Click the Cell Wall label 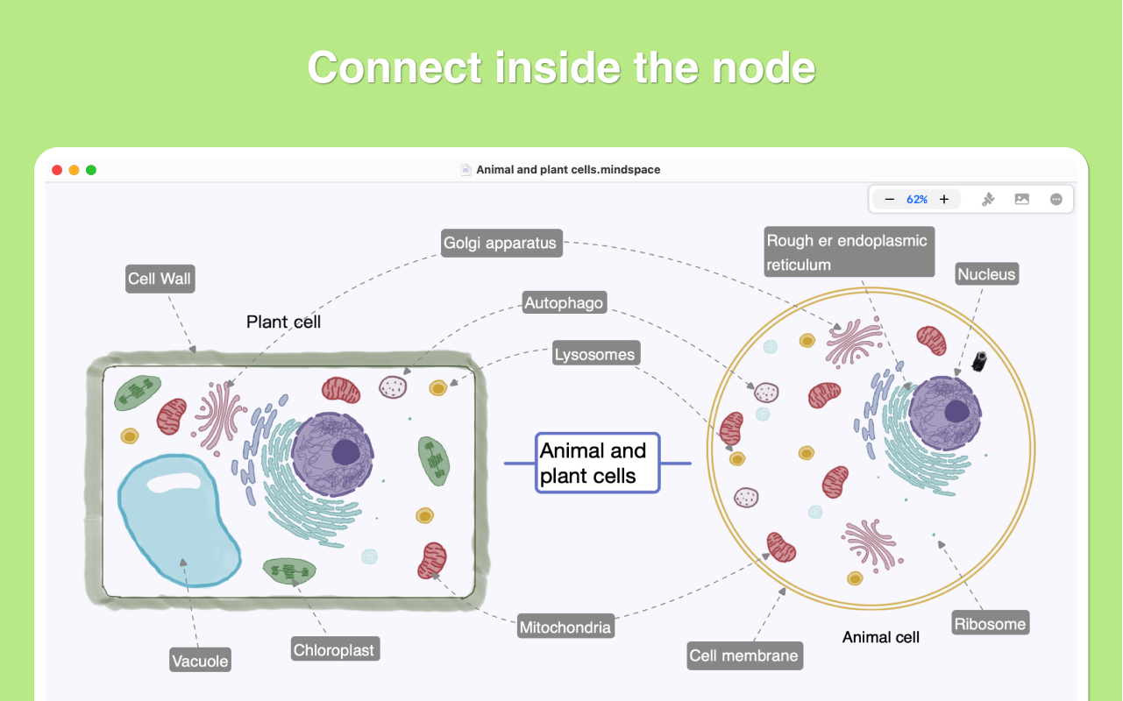click(160, 279)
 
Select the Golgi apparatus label click(500, 243)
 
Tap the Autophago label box click(564, 303)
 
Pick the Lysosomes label click(594, 355)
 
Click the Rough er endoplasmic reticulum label click(847, 252)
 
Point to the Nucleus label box click(986, 274)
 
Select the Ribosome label click(990, 624)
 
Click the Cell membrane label click(743, 655)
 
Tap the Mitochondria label click(565, 627)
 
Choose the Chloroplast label click(334, 650)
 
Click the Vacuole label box click(200, 661)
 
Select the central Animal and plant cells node click(597, 463)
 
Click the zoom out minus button click(890, 200)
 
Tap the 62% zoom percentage click(917, 200)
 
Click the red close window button click(58, 170)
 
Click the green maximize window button click(91, 170)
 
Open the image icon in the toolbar click(1021, 200)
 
